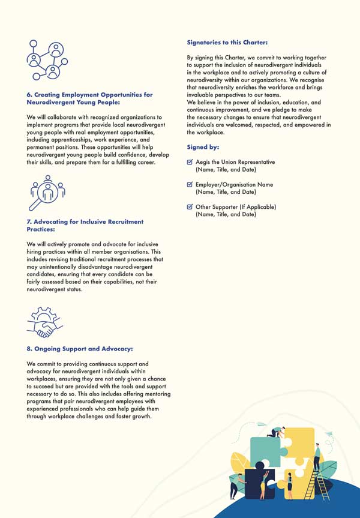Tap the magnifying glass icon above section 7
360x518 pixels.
(x=47, y=194)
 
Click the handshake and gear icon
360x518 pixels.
(x=46, y=322)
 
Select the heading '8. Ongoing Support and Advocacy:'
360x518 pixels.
(x=80, y=349)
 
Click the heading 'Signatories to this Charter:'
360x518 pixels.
(x=227, y=43)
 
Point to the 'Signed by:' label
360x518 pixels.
(x=203, y=147)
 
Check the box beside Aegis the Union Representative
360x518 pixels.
(x=190, y=162)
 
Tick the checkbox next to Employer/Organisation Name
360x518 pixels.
(x=190, y=185)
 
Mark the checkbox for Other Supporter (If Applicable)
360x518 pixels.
(x=190, y=207)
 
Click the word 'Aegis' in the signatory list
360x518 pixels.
(x=203, y=162)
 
